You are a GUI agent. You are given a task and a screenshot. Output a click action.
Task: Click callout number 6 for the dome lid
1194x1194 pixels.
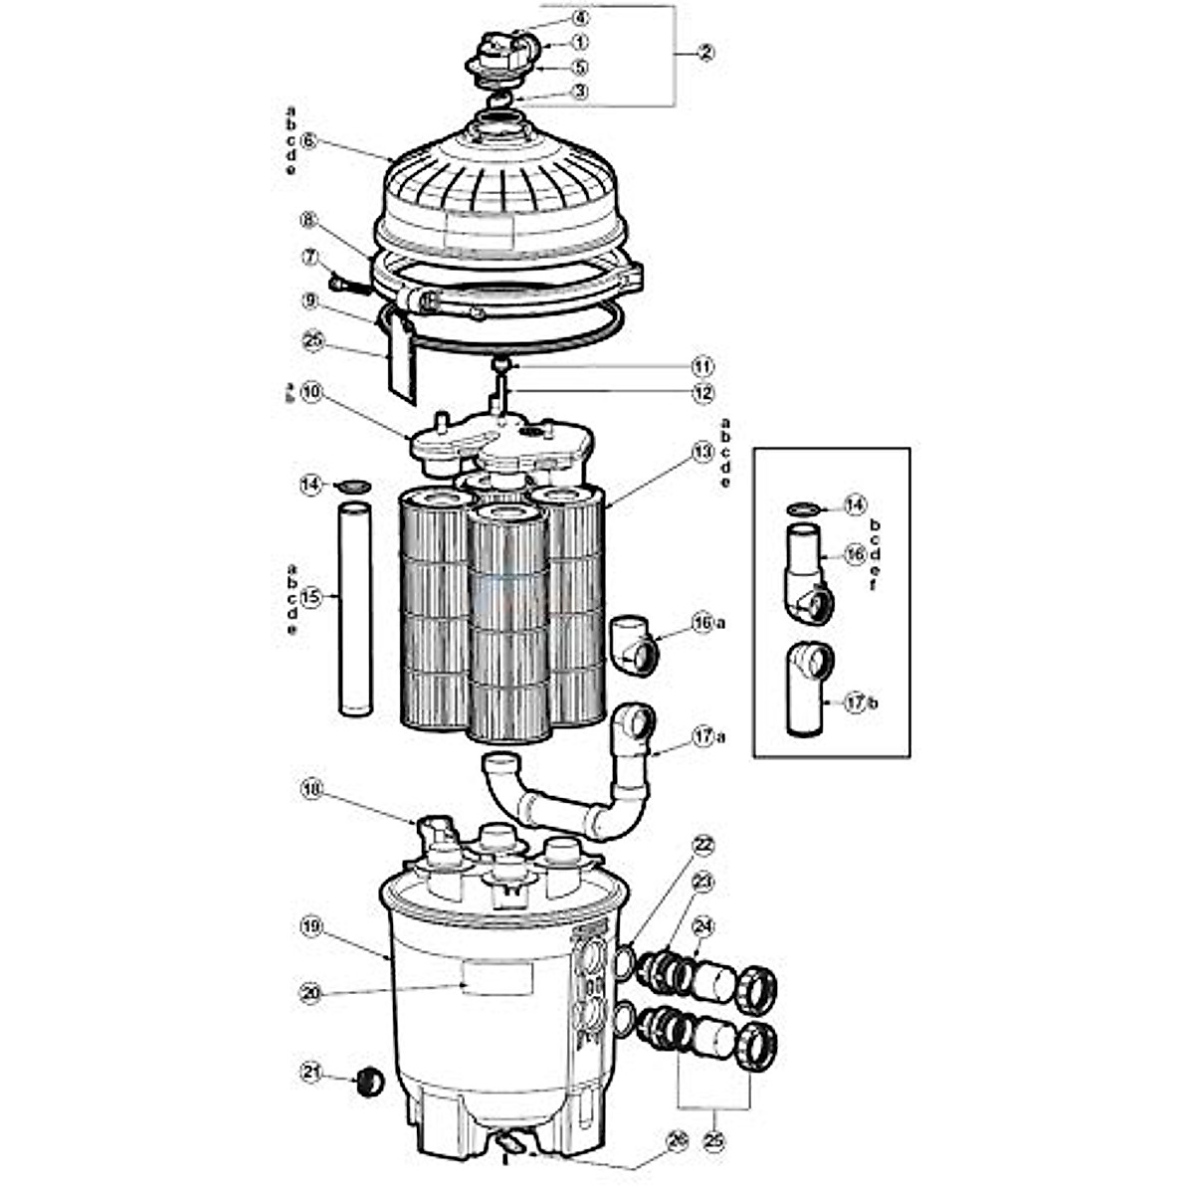pyautogui.click(x=308, y=140)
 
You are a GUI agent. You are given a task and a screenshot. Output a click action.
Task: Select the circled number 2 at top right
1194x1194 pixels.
pyautogui.click(x=704, y=53)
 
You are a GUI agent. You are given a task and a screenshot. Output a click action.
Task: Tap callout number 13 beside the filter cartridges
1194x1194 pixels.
pyautogui.click(x=703, y=453)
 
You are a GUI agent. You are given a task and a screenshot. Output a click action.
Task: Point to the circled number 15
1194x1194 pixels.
pyautogui.click(x=310, y=598)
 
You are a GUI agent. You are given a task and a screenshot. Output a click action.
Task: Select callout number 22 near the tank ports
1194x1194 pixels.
pyautogui.click(x=703, y=846)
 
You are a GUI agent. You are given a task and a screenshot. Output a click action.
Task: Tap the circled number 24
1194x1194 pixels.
pyautogui.click(x=703, y=925)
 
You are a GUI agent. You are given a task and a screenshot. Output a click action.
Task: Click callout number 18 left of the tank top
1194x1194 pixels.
pyautogui.click(x=310, y=789)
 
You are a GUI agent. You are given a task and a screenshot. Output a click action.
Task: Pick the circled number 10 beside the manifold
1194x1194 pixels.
pyautogui.click(x=310, y=394)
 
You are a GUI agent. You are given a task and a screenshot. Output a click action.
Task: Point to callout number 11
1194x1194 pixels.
pyautogui.click(x=703, y=366)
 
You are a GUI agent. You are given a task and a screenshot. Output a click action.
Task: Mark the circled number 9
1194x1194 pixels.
pyautogui.click(x=310, y=299)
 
